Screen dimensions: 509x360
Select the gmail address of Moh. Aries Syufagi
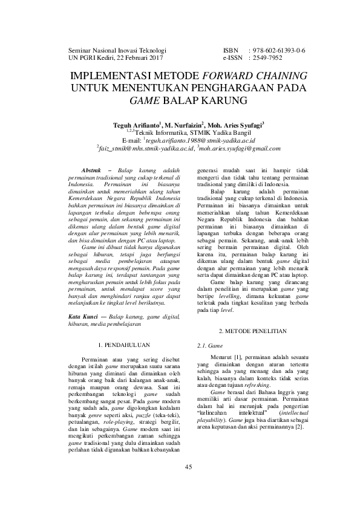click(244, 148)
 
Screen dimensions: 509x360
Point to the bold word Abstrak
click(92, 171)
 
